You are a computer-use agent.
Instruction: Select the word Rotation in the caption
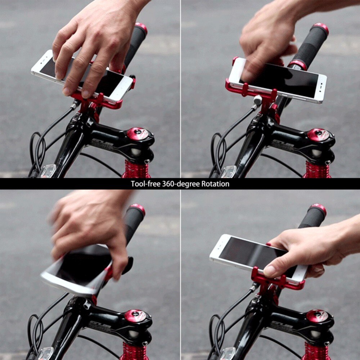pyautogui.click(x=215, y=184)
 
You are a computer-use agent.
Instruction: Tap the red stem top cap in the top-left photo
pyautogui.click(x=138, y=134)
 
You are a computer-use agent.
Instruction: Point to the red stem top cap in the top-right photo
pyautogui.click(x=318, y=135)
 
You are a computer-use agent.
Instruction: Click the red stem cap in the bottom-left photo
pyautogui.click(x=136, y=316)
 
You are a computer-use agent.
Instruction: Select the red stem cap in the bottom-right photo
pyautogui.click(x=317, y=316)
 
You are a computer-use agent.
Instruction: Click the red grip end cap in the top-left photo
pyautogui.click(x=141, y=27)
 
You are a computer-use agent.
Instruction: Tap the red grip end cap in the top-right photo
pyautogui.click(x=321, y=28)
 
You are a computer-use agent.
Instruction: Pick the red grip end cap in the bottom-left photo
pyautogui.click(x=138, y=208)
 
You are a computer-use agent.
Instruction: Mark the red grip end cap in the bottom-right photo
pyautogui.click(x=318, y=208)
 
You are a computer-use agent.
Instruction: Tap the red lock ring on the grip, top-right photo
pyautogui.click(x=297, y=65)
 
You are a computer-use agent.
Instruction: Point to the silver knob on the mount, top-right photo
pyautogui.click(x=258, y=100)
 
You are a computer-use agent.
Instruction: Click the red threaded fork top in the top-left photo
pyautogui.click(x=136, y=170)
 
